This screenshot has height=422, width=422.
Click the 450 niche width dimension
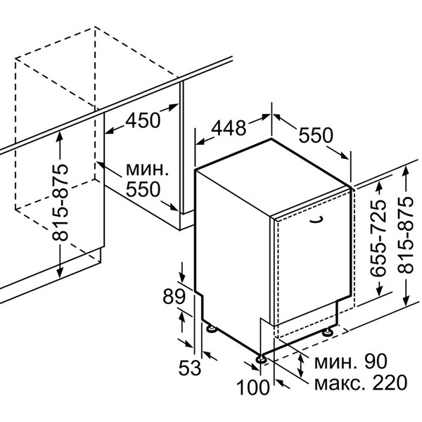[x=143, y=120]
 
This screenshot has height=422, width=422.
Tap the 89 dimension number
[x=174, y=296]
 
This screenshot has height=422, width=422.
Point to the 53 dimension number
[x=190, y=368]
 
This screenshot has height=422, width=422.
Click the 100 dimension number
[x=252, y=387]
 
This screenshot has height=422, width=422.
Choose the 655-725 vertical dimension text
[x=378, y=238]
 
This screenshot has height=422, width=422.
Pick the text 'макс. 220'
[x=361, y=382]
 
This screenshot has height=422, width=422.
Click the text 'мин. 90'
[x=351, y=362]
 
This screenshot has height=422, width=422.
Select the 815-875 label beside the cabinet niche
[x=60, y=202]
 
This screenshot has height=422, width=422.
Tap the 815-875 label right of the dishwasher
[x=405, y=235]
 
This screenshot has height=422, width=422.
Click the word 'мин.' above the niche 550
[x=147, y=169]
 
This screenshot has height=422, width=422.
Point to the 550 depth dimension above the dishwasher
[x=316, y=135]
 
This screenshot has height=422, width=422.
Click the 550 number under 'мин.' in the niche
[x=143, y=189]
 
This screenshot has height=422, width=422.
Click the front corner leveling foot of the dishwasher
[x=261, y=359]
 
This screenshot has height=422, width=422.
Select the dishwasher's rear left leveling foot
[x=211, y=328]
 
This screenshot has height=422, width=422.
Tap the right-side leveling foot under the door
[x=328, y=331]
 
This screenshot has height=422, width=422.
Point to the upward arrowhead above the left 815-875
[x=60, y=137]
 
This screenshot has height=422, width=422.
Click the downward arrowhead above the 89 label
[x=182, y=277]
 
